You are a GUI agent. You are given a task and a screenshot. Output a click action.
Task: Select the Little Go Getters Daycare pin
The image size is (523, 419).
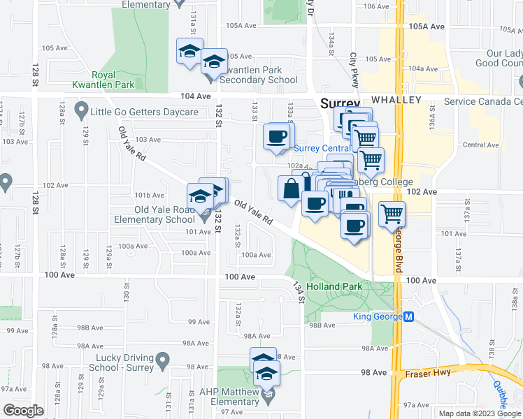82,111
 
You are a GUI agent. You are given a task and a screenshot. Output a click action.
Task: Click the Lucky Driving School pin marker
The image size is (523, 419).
164,361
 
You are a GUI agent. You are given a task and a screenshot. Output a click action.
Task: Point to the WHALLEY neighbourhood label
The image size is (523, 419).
396,101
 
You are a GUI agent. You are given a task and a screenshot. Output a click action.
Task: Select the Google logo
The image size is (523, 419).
24,411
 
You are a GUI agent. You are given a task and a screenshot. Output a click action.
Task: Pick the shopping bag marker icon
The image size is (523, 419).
291,188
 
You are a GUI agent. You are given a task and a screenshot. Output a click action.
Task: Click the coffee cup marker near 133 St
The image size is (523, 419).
278,135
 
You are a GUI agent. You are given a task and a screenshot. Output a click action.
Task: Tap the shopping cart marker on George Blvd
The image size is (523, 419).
392,213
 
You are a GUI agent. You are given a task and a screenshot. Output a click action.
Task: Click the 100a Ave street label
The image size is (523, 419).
256,255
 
